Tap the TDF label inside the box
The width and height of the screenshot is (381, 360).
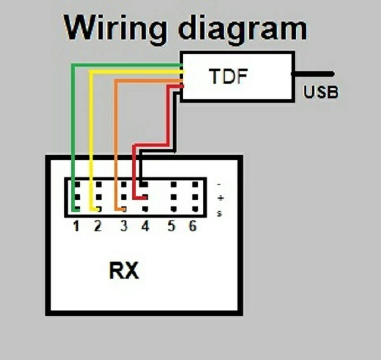point(228,77)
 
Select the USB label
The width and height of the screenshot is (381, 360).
point(321,93)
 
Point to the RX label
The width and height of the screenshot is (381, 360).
point(124,271)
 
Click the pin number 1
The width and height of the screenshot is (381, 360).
point(76,226)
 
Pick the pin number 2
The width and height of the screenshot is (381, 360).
point(97,226)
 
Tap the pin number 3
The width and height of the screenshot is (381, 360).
point(124,226)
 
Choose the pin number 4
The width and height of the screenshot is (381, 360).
point(145,226)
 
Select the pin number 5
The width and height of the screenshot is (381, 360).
point(171,226)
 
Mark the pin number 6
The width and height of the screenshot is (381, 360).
point(192,226)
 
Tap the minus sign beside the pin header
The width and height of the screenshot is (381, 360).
point(220,184)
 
